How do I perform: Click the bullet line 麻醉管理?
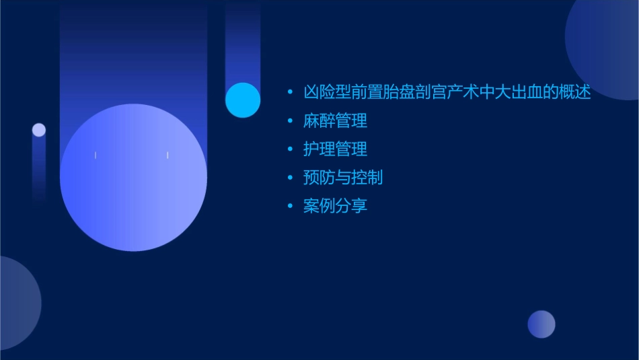(335, 121)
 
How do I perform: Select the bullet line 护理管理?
(335, 149)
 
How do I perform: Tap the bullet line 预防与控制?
(343, 178)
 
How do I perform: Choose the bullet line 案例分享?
(335, 206)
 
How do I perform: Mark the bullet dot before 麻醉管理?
(289, 122)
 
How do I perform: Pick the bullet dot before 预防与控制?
(289, 178)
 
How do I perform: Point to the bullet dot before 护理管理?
(289, 150)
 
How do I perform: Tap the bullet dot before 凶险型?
(289, 94)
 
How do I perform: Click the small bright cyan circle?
(243, 100)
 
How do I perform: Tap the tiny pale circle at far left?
(39, 130)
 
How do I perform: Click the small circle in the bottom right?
(541, 324)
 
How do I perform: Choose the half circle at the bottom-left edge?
(17, 303)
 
